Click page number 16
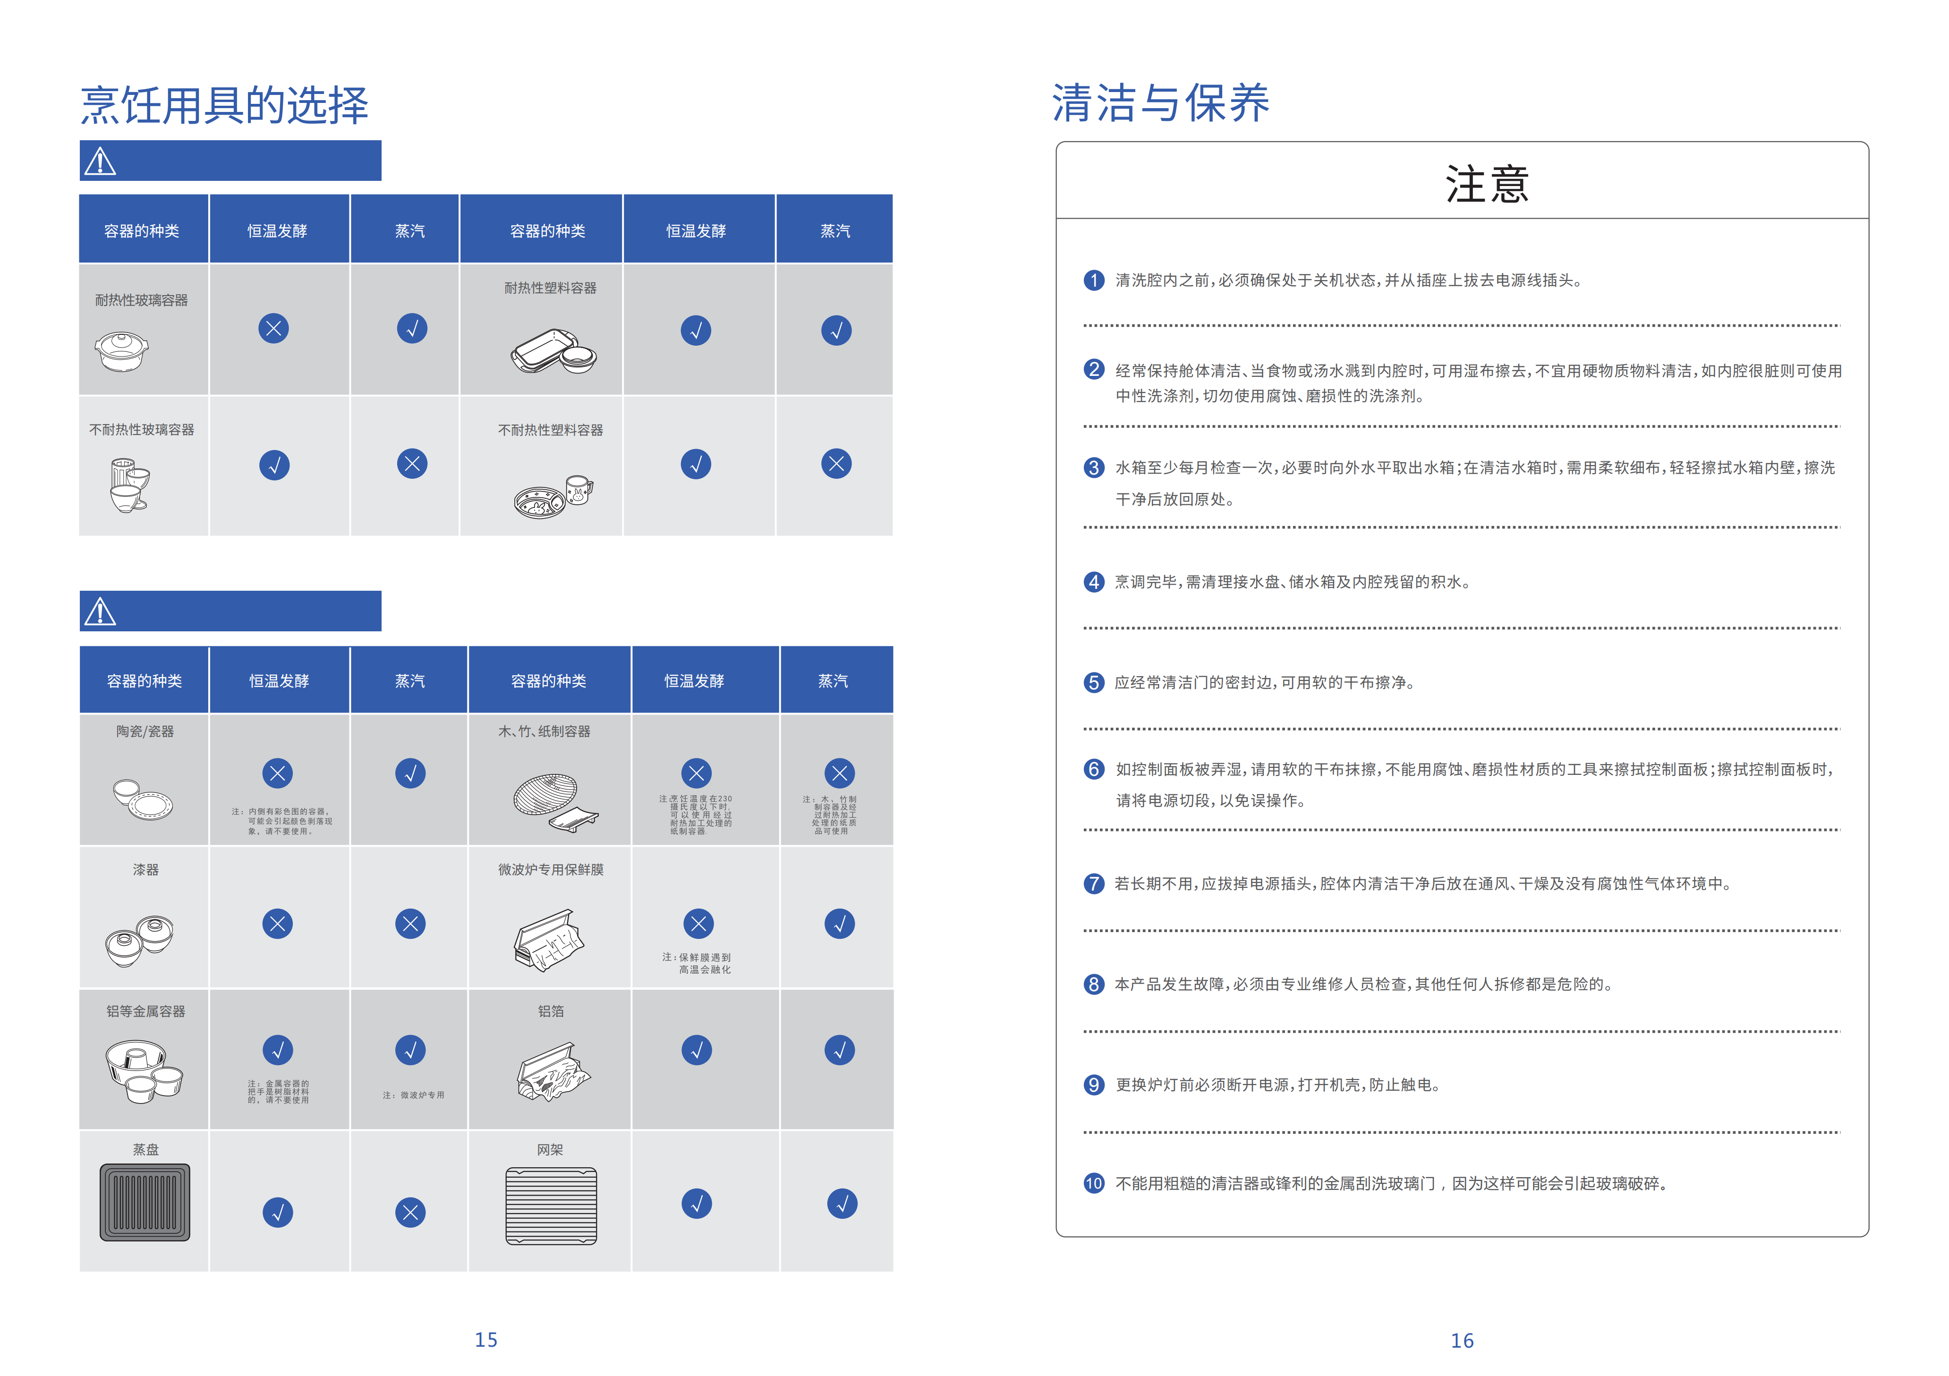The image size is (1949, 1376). tap(1462, 1340)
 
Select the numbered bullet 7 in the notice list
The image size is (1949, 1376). tap(1093, 883)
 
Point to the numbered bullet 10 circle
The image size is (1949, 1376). tap(1093, 1183)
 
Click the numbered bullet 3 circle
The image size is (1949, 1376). tap(1093, 468)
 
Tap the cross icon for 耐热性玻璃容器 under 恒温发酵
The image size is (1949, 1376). tap(273, 329)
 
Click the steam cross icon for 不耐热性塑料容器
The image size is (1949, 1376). tap(836, 464)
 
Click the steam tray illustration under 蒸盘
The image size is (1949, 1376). tap(145, 1202)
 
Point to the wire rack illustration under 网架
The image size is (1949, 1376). tap(551, 1206)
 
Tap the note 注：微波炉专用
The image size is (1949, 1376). tap(413, 1095)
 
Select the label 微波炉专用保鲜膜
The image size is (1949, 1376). tap(551, 869)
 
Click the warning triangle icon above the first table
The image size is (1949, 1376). tap(100, 161)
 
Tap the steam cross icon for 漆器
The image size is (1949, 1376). tap(410, 924)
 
